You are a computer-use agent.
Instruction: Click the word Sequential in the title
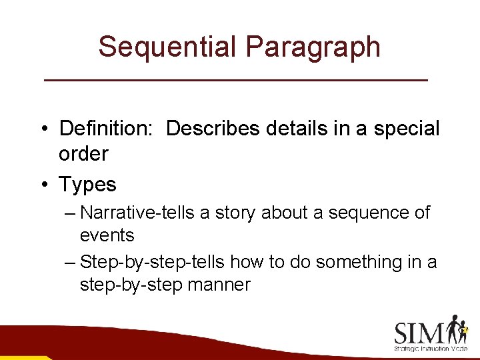click(x=167, y=47)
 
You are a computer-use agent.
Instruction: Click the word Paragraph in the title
click(x=313, y=47)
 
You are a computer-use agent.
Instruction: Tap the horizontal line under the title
click(x=235, y=80)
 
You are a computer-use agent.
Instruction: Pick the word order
click(x=83, y=154)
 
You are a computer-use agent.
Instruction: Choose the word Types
click(x=87, y=184)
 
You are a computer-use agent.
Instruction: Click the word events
click(x=107, y=235)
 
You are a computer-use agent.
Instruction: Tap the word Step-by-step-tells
click(x=152, y=263)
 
